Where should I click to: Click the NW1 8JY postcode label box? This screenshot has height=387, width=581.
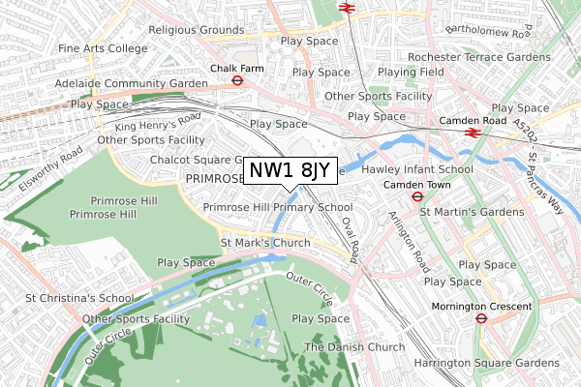click(290, 170)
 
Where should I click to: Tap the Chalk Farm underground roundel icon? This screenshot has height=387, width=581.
click(235, 81)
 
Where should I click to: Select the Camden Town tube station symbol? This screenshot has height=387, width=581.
click(415, 196)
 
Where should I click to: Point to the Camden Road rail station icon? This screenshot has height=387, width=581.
click(473, 133)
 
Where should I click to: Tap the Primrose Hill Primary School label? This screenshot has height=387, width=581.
click(277, 207)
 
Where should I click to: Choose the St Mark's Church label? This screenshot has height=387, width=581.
click(265, 242)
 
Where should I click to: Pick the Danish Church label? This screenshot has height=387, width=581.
click(353, 347)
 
